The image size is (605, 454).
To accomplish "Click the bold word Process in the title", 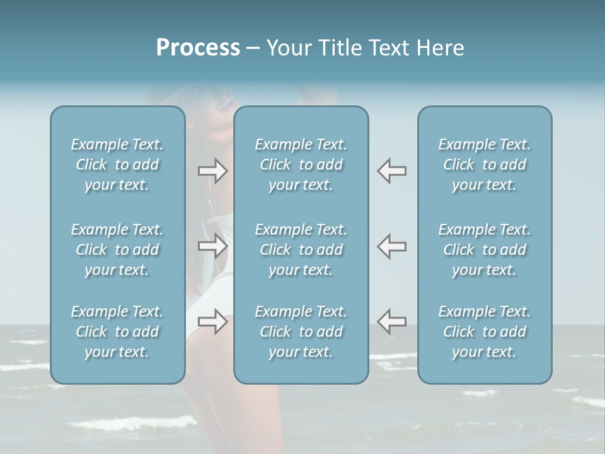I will [x=198, y=48].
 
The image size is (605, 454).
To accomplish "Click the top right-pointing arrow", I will [x=213, y=171].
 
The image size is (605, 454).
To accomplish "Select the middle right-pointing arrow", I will [x=213, y=246].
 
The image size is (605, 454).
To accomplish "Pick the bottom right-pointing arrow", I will [x=213, y=322].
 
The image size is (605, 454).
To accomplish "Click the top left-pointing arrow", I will [x=391, y=171].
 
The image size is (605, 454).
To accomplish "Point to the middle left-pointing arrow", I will [x=391, y=246].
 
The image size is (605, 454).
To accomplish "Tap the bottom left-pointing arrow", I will [x=391, y=322].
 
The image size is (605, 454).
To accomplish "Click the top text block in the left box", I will [x=117, y=165].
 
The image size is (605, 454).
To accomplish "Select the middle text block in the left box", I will [x=117, y=250].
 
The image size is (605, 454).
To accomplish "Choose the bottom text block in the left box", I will [x=117, y=332].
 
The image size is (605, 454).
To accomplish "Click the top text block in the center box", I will [x=301, y=165].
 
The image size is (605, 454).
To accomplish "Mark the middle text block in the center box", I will [x=301, y=250].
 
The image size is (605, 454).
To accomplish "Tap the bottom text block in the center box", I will [x=301, y=332].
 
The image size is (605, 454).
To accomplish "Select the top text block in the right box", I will [x=485, y=165].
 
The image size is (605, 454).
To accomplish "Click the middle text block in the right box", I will [x=485, y=250].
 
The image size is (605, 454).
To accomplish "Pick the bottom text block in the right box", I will [x=485, y=332].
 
